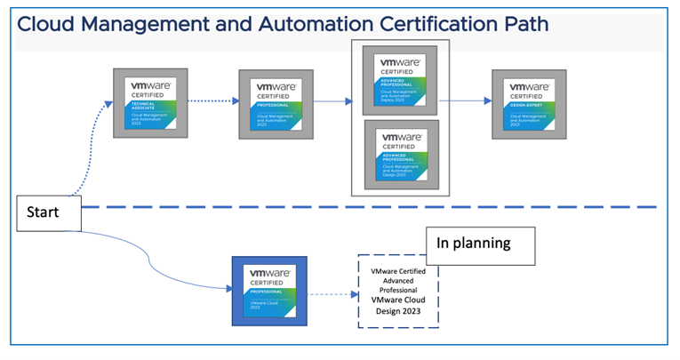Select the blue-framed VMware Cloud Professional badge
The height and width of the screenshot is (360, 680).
pyautogui.click(x=269, y=291)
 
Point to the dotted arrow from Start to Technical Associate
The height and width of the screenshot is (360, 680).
pyautogui.click(x=89, y=151)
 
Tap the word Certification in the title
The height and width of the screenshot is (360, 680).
pyautogui.click(x=426, y=24)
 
